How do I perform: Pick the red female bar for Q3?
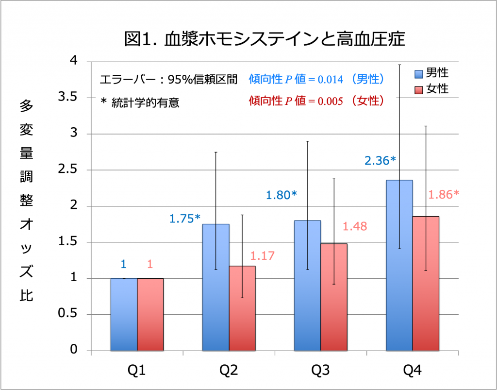pyautogui.click(x=334, y=297)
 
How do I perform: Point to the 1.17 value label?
pyautogui.click(x=263, y=255)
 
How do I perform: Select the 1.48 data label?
pyautogui.click(x=355, y=226)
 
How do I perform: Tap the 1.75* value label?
pyautogui.click(x=185, y=218)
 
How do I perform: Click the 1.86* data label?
pyautogui.click(x=444, y=195)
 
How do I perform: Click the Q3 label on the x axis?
pyautogui.click(x=320, y=371)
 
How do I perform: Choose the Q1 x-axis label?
pyautogui.click(x=137, y=371)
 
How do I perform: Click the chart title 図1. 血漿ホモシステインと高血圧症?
pyautogui.click(x=264, y=39)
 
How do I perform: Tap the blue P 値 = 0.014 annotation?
pyautogui.click(x=316, y=79)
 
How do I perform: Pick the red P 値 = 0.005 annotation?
pyautogui.click(x=316, y=101)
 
